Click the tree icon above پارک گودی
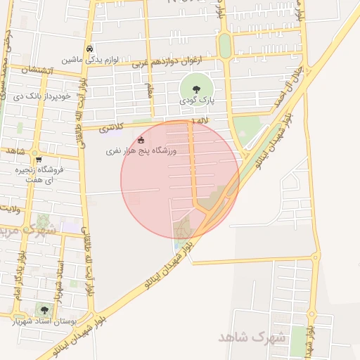pyautogui.click(x=195, y=89)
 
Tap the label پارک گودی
pyautogui.click(x=195, y=101)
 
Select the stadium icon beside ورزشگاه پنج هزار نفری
pyautogui.click(x=141, y=140)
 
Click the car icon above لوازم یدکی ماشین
pyautogui.click(x=89, y=49)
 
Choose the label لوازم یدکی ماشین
pyautogui.click(x=87, y=60)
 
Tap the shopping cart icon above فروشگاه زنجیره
pyautogui.click(x=39, y=159)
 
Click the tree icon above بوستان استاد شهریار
pyautogui.click(x=45, y=310)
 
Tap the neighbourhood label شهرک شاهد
pyautogui.click(x=252, y=337)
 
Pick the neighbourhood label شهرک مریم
pyautogui.click(x=28, y=230)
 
